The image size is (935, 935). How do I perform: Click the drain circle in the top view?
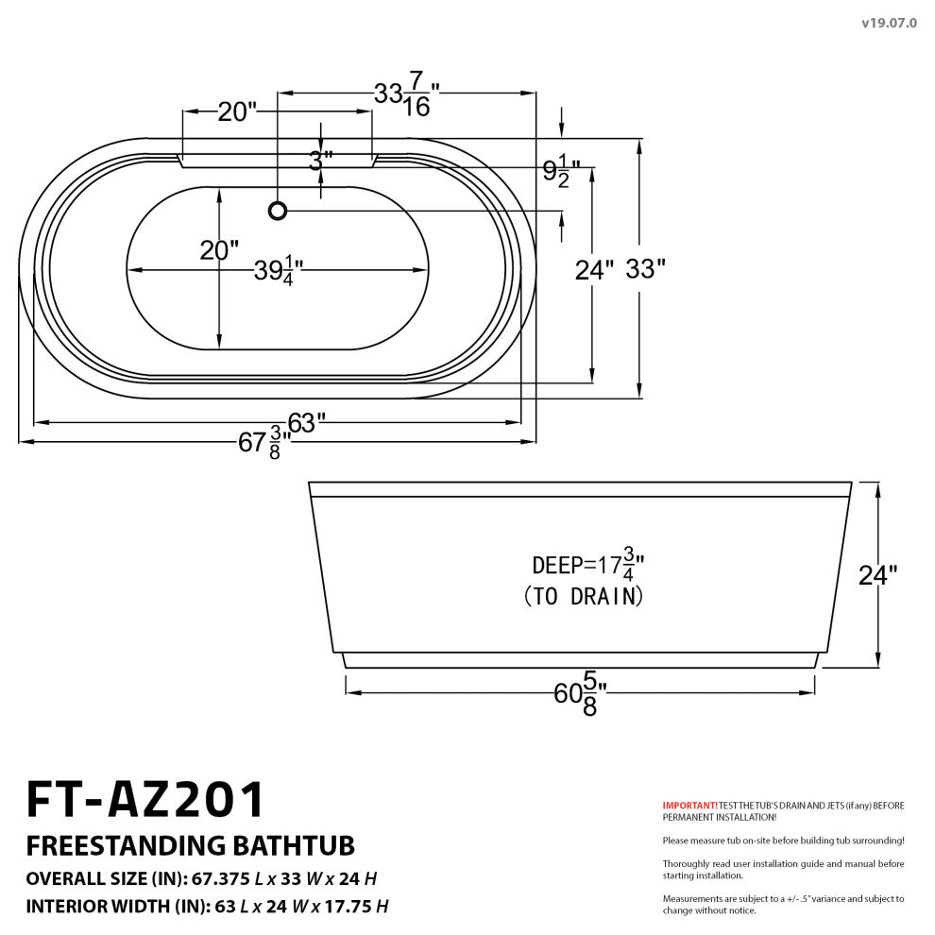coord(278,211)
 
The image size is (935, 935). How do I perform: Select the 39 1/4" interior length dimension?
coord(276,272)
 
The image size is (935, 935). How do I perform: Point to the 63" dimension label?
coord(308,423)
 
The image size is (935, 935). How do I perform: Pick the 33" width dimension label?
coord(645,270)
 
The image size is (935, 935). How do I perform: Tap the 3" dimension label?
coord(321,161)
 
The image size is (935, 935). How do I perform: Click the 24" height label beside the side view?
coord(877,575)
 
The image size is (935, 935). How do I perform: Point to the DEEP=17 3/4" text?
coord(587,565)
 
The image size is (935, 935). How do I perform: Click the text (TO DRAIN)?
coord(584,597)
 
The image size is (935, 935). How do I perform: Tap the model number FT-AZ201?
coord(145,800)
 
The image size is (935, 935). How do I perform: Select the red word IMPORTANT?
coord(689,806)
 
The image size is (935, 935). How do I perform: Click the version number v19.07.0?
coord(888,23)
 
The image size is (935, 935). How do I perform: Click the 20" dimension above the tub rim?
coord(237,112)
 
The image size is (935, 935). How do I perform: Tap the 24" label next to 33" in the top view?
coord(595,270)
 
